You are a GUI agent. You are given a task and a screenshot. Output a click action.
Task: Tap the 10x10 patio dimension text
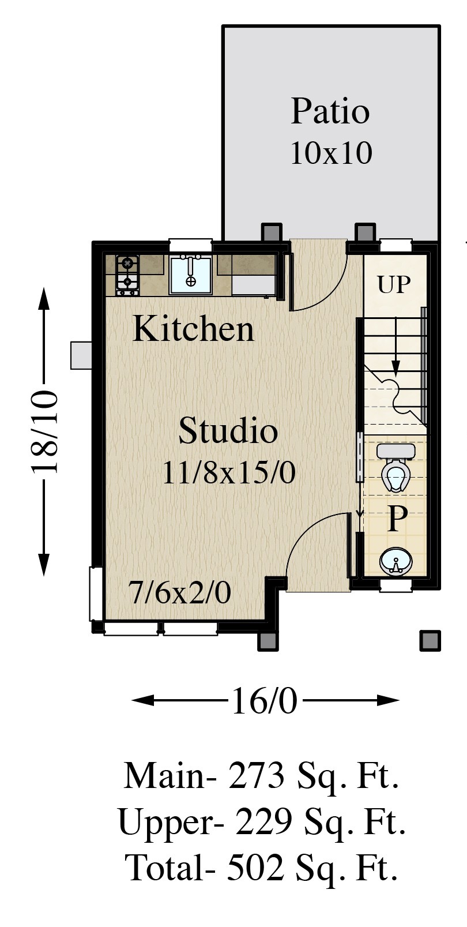pyautogui.click(x=332, y=153)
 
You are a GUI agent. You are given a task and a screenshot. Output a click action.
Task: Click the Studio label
pyautogui.click(x=228, y=430)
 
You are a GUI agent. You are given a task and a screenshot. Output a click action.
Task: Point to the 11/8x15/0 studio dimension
pyautogui.click(x=229, y=472)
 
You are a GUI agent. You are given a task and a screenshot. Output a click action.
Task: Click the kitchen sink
pyautogui.click(x=190, y=275)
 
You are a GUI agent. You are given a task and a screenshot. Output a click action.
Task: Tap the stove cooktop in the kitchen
pyautogui.click(x=127, y=275)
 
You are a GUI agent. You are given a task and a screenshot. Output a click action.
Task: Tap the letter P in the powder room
pyautogui.click(x=397, y=519)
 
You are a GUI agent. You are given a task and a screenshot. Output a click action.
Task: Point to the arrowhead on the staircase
pyautogui.click(x=396, y=368)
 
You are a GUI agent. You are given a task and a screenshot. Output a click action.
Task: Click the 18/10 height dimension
pyautogui.click(x=44, y=431)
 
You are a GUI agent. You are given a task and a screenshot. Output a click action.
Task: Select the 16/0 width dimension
pyautogui.click(x=265, y=701)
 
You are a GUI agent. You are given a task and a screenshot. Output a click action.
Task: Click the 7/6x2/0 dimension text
pyautogui.click(x=179, y=592)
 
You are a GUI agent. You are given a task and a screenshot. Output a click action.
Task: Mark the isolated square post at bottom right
pyautogui.click(x=430, y=641)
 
